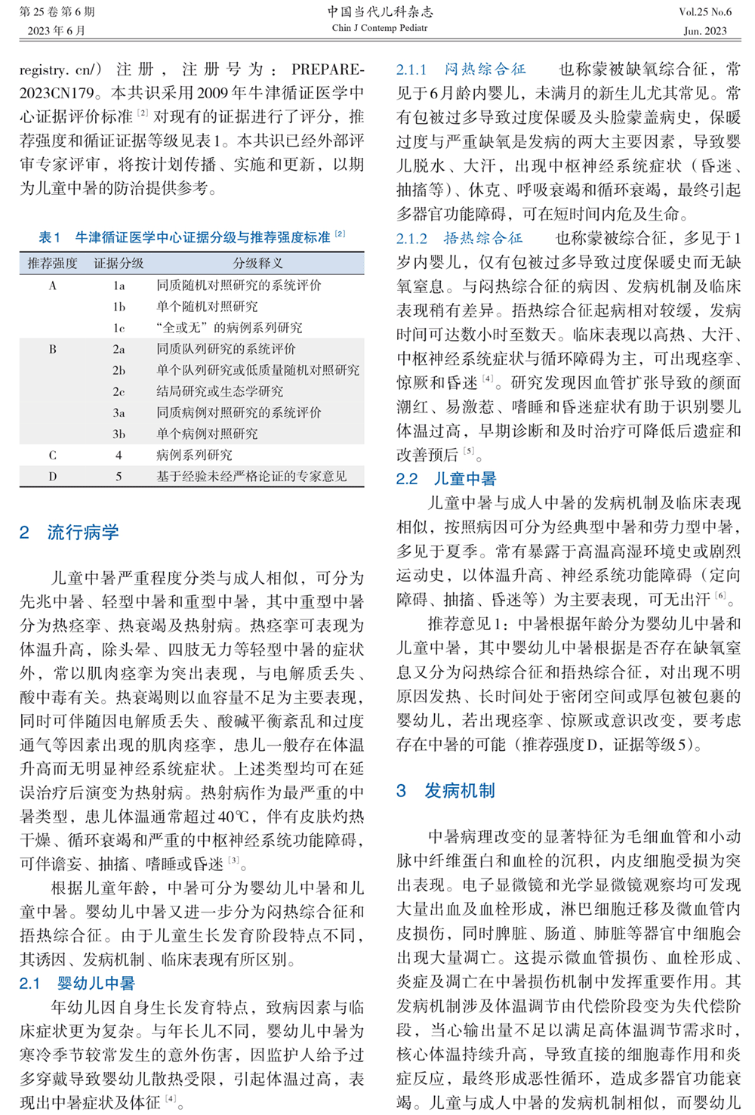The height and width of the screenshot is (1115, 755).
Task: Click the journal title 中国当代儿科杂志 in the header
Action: (380, 11)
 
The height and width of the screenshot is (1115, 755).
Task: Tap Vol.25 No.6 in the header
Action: (704, 11)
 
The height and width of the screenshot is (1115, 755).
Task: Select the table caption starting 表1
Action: (192, 237)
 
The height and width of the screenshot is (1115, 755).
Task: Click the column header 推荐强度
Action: (52, 263)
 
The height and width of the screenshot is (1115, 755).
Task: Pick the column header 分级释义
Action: (258, 263)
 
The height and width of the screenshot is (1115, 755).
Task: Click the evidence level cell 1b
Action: (119, 307)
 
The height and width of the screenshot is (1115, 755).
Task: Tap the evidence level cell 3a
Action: (119, 412)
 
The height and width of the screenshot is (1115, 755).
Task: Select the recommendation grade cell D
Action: (52, 476)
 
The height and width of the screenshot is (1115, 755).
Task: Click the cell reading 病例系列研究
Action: (194, 455)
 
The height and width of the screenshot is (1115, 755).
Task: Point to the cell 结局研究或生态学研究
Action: (220, 391)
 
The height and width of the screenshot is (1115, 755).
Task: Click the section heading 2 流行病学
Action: (69, 532)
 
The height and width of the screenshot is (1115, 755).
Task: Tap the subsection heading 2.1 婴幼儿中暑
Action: (77, 984)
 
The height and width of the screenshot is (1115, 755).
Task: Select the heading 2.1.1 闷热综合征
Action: (461, 69)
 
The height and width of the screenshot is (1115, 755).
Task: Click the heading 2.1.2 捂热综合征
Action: (459, 238)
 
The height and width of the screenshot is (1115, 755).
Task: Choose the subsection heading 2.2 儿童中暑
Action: (446, 479)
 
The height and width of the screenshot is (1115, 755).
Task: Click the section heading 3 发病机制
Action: (445, 791)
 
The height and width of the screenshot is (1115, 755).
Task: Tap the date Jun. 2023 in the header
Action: (704, 31)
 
